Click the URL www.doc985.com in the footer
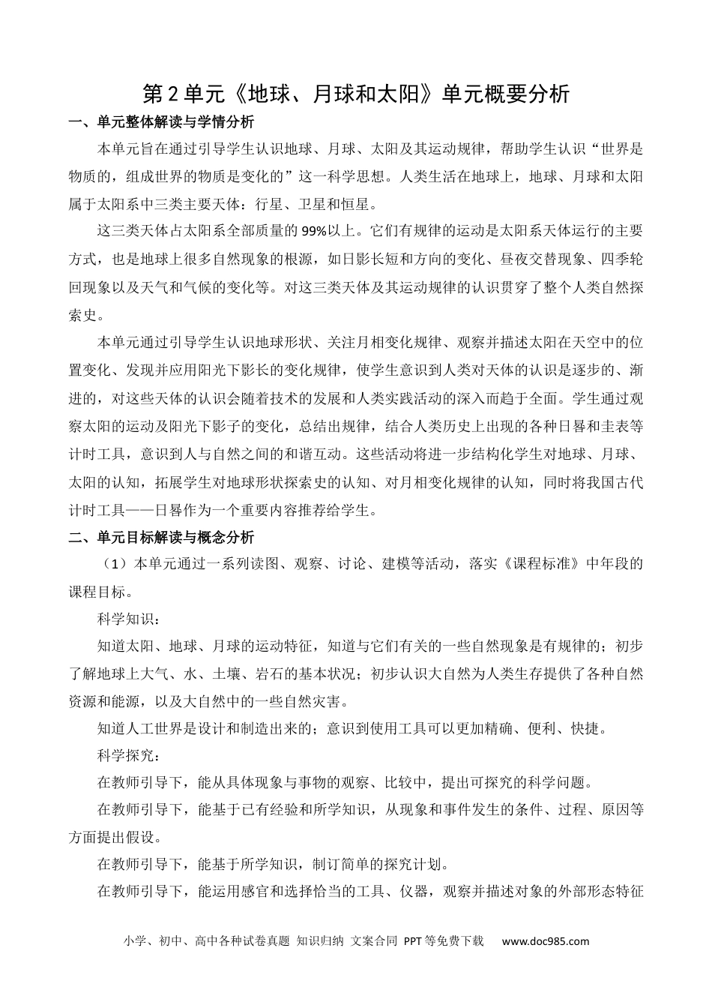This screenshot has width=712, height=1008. tap(546, 941)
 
